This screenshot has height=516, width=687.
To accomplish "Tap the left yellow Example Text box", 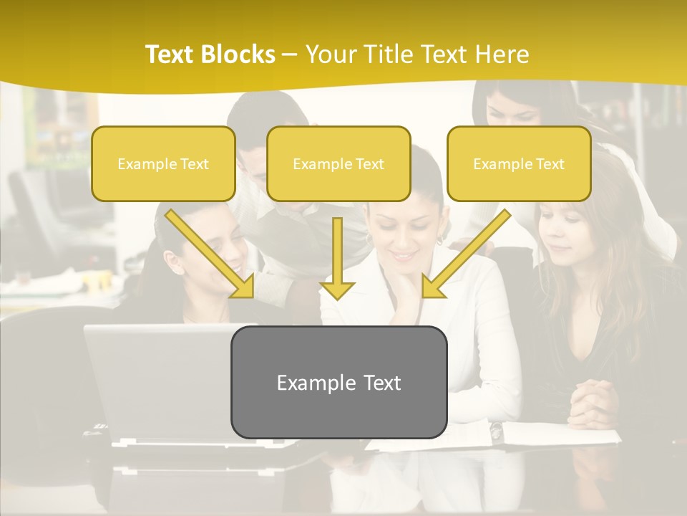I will [163, 164].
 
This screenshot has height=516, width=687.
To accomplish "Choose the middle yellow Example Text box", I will [338, 164].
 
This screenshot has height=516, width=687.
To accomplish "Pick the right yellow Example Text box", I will [519, 164].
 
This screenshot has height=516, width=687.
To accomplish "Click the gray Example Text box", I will [338, 382].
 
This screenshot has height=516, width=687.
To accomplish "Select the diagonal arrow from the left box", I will [211, 254].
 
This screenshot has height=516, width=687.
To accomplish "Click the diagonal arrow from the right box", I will [465, 254].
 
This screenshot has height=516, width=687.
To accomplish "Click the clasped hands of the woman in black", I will [593, 401].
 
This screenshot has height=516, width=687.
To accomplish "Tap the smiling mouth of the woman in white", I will [404, 254].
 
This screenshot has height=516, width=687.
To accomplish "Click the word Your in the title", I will [331, 54].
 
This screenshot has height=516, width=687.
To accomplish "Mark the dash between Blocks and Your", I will [289, 54].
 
